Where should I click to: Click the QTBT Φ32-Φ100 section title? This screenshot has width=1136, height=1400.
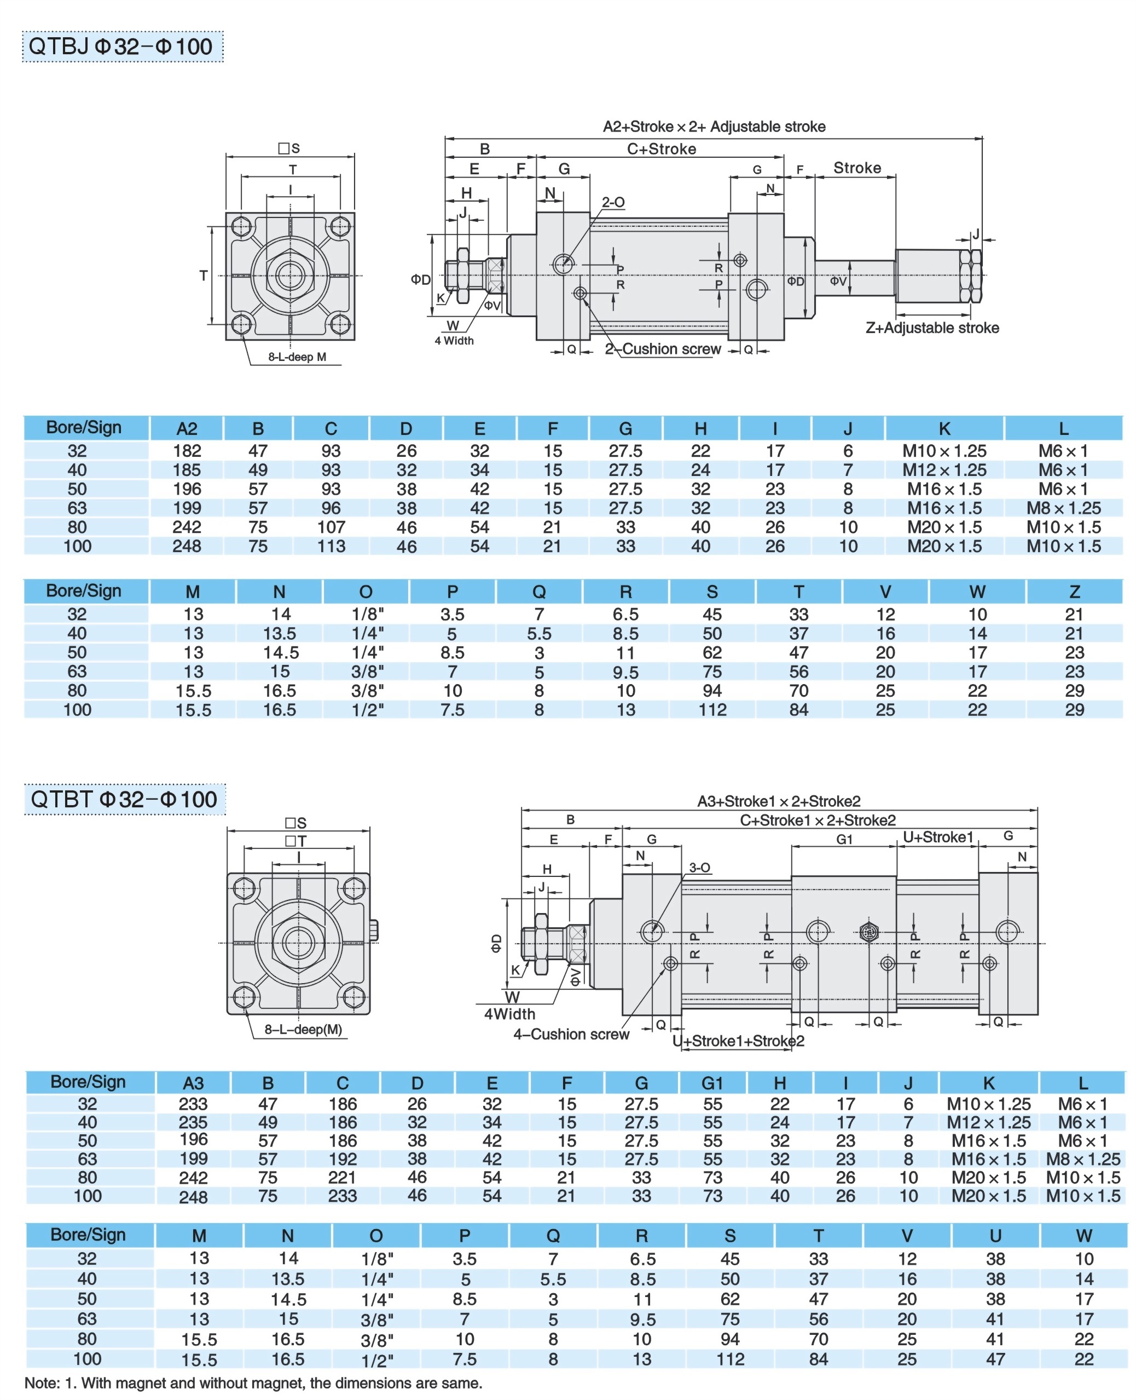coord(124,799)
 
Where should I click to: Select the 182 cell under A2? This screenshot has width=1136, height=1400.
coord(187,451)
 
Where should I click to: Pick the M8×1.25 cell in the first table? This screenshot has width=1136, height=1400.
coord(1063,508)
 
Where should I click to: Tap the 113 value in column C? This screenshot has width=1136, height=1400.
coord(331,546)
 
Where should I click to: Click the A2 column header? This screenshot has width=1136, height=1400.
coord(187,429)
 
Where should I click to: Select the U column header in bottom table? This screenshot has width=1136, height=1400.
coord(995,1236)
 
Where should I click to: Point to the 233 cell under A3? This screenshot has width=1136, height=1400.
coord(193,1104)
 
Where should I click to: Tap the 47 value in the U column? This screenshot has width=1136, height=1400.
coord(995,1359)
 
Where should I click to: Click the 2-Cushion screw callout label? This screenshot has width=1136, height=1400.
coord(662,349)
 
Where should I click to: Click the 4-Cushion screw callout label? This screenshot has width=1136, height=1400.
coord(571,1034)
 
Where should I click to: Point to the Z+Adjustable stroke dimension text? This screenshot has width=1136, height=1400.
coord(932,328)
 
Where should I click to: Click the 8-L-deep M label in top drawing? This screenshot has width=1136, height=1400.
coord(297,357)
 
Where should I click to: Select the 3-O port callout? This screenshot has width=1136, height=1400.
coord(699,868)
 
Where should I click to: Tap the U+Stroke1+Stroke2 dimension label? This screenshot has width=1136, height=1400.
coord(738,1041)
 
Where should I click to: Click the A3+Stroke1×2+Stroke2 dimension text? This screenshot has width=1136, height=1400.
coord(779,801)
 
